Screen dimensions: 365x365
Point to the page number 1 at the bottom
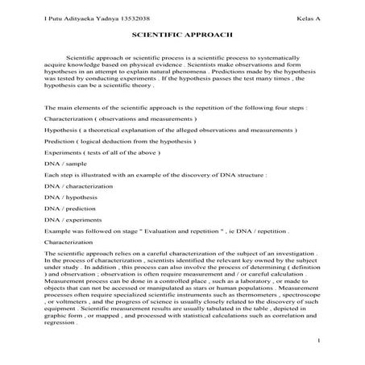pyautogui.click(x=320, y=342)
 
